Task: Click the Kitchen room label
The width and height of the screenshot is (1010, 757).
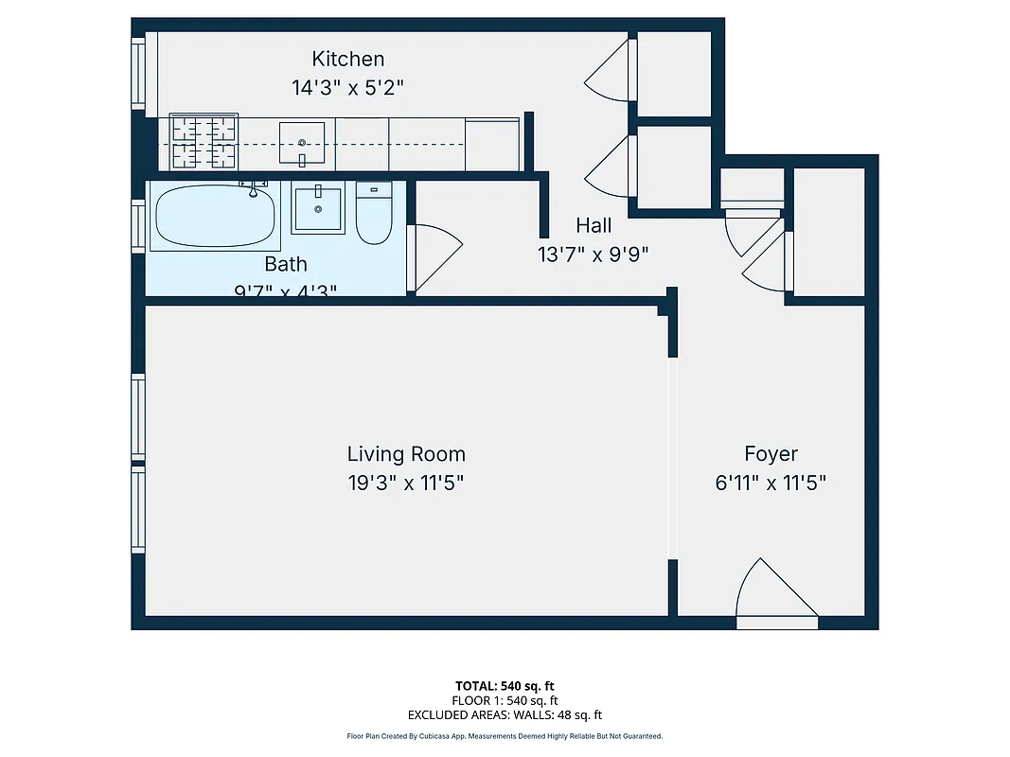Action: coord(348,60)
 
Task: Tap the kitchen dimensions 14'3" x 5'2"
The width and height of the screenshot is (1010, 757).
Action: coord(348,87)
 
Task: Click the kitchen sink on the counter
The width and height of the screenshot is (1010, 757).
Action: coord(302,142)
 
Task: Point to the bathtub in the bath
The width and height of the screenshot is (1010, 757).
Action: coord(215,216)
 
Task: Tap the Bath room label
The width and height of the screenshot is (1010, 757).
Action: coord(285,264)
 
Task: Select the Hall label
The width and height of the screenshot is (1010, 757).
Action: coord(594,225)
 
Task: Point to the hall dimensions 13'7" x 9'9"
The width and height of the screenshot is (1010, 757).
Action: coord(593,254)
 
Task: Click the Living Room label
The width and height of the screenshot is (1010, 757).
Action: coord(406,454)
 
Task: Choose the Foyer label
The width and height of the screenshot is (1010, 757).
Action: coord(771,454)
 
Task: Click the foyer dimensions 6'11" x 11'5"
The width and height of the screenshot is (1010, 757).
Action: coord(771,483)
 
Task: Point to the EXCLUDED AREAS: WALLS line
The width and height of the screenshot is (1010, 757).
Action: coord(505,715)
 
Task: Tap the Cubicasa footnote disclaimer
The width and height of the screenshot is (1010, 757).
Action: coord(505,736)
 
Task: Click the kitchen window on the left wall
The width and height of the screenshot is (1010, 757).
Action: coord(139,74)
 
